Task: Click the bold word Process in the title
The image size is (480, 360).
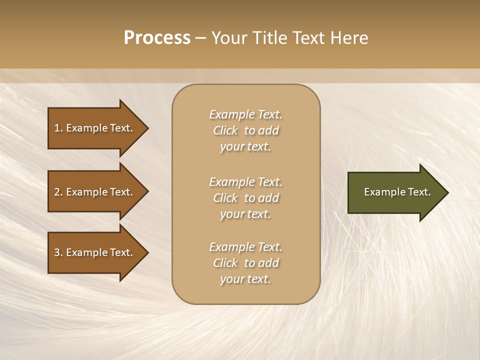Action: tap(157, 38)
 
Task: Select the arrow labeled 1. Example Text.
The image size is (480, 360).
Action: tap(95, 128)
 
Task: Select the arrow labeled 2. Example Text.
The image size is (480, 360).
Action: tap(95, 192)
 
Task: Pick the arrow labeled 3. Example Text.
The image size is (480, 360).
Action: tap(95, 252)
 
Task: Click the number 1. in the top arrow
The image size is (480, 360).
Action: tap(58, 128)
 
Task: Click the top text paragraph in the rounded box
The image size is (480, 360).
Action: tap(245, 130)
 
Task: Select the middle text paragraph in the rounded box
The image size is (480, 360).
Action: tap(245, 198)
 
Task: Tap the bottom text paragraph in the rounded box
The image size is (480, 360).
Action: tap(245, 263)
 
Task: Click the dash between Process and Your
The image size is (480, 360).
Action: tap(200, 38)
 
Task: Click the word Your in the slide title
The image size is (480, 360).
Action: tap(227, 38)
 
